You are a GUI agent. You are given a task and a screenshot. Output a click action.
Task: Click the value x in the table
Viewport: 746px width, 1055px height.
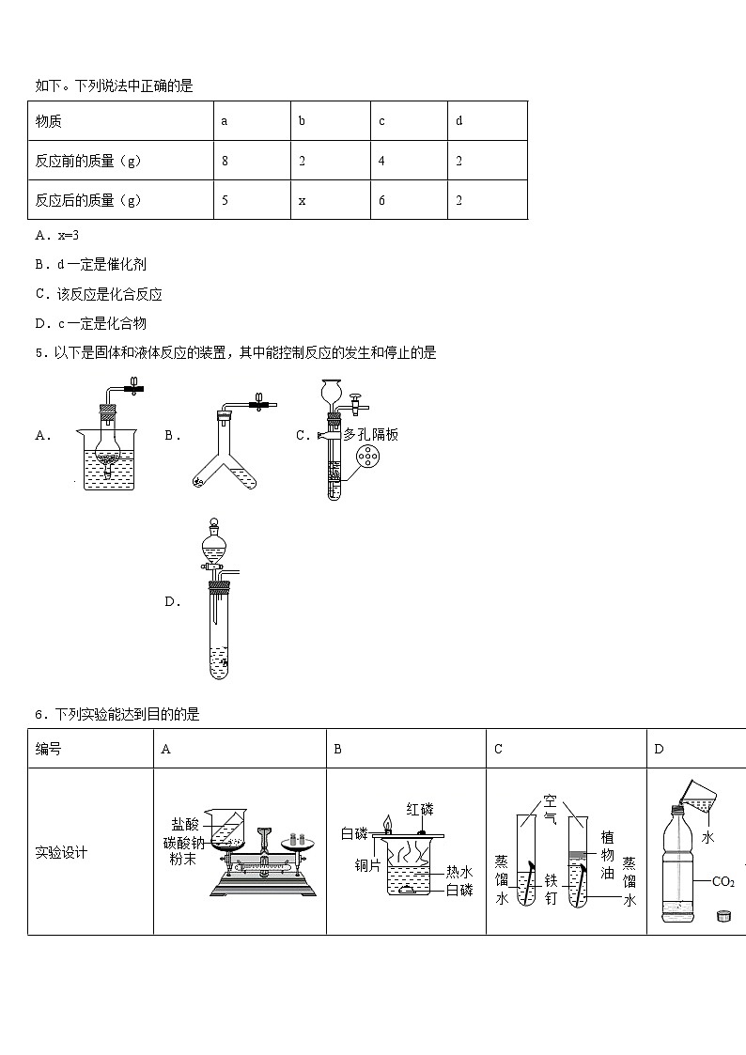(x=303, y=200)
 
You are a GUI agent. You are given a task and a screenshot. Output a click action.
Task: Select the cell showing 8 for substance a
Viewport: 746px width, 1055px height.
(x=225, y=161)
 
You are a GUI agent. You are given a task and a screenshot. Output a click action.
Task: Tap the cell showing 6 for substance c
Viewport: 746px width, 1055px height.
(x=381, y=200)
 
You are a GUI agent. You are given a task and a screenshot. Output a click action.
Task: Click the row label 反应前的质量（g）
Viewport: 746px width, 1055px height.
(x=88, y=161)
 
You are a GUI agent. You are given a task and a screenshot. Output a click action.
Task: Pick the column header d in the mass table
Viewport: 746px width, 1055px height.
(x=458, y=121)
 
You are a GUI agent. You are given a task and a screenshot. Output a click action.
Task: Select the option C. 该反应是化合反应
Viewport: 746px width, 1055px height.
(x=99, y=294)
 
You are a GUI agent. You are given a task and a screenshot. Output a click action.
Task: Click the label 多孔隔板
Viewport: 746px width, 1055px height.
(x=371, y=434)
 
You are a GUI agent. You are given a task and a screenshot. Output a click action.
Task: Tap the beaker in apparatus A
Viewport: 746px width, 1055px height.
(x=109, y=460)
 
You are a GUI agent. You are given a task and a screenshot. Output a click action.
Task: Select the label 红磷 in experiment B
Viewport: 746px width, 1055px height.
(x=420, y=809)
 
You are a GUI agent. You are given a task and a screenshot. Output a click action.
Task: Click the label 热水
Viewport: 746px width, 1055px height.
(x=458, y=872)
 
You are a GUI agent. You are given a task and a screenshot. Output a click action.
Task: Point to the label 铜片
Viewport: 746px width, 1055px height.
(x=367, y=865)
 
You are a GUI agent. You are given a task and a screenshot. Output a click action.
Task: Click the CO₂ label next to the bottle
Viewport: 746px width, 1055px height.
(x=723, y=881)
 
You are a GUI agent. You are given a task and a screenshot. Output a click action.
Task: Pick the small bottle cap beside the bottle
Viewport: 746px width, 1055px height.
(x=723, y=915)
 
